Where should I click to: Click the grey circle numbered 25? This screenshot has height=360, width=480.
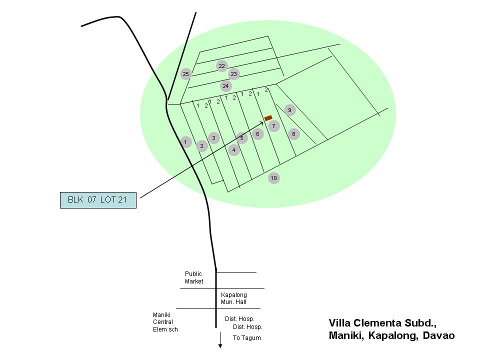coord(186,74)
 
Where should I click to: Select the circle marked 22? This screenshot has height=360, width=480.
coord(222,66)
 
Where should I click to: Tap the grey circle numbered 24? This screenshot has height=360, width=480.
coord(226,86)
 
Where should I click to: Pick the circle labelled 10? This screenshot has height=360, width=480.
coord(273,178)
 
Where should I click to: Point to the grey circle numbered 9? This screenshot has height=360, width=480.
coord(290,110)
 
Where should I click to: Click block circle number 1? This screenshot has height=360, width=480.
coord(185,142)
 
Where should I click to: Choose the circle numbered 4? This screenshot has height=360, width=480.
coord(234,150)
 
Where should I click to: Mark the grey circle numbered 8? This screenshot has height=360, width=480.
coord(294,134)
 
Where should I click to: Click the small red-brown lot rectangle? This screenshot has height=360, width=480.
coord(268,118)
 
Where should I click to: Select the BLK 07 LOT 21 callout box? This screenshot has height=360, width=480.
coord(98,200)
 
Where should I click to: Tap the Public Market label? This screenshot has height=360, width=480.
coord(194,277)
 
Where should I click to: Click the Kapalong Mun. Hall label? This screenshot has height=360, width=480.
coord(234,298)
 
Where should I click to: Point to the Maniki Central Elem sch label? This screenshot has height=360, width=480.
coord(165,322)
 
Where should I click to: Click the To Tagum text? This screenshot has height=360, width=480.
coord(246,338)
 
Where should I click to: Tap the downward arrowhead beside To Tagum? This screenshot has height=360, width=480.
coord(220,346)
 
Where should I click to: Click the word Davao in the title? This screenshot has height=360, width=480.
coord(438,335)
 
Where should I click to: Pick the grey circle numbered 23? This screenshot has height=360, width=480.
coord(234,74)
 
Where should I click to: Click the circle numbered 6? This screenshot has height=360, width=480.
coord(258,134)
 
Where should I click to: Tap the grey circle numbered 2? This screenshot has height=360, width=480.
coord(201,146)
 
